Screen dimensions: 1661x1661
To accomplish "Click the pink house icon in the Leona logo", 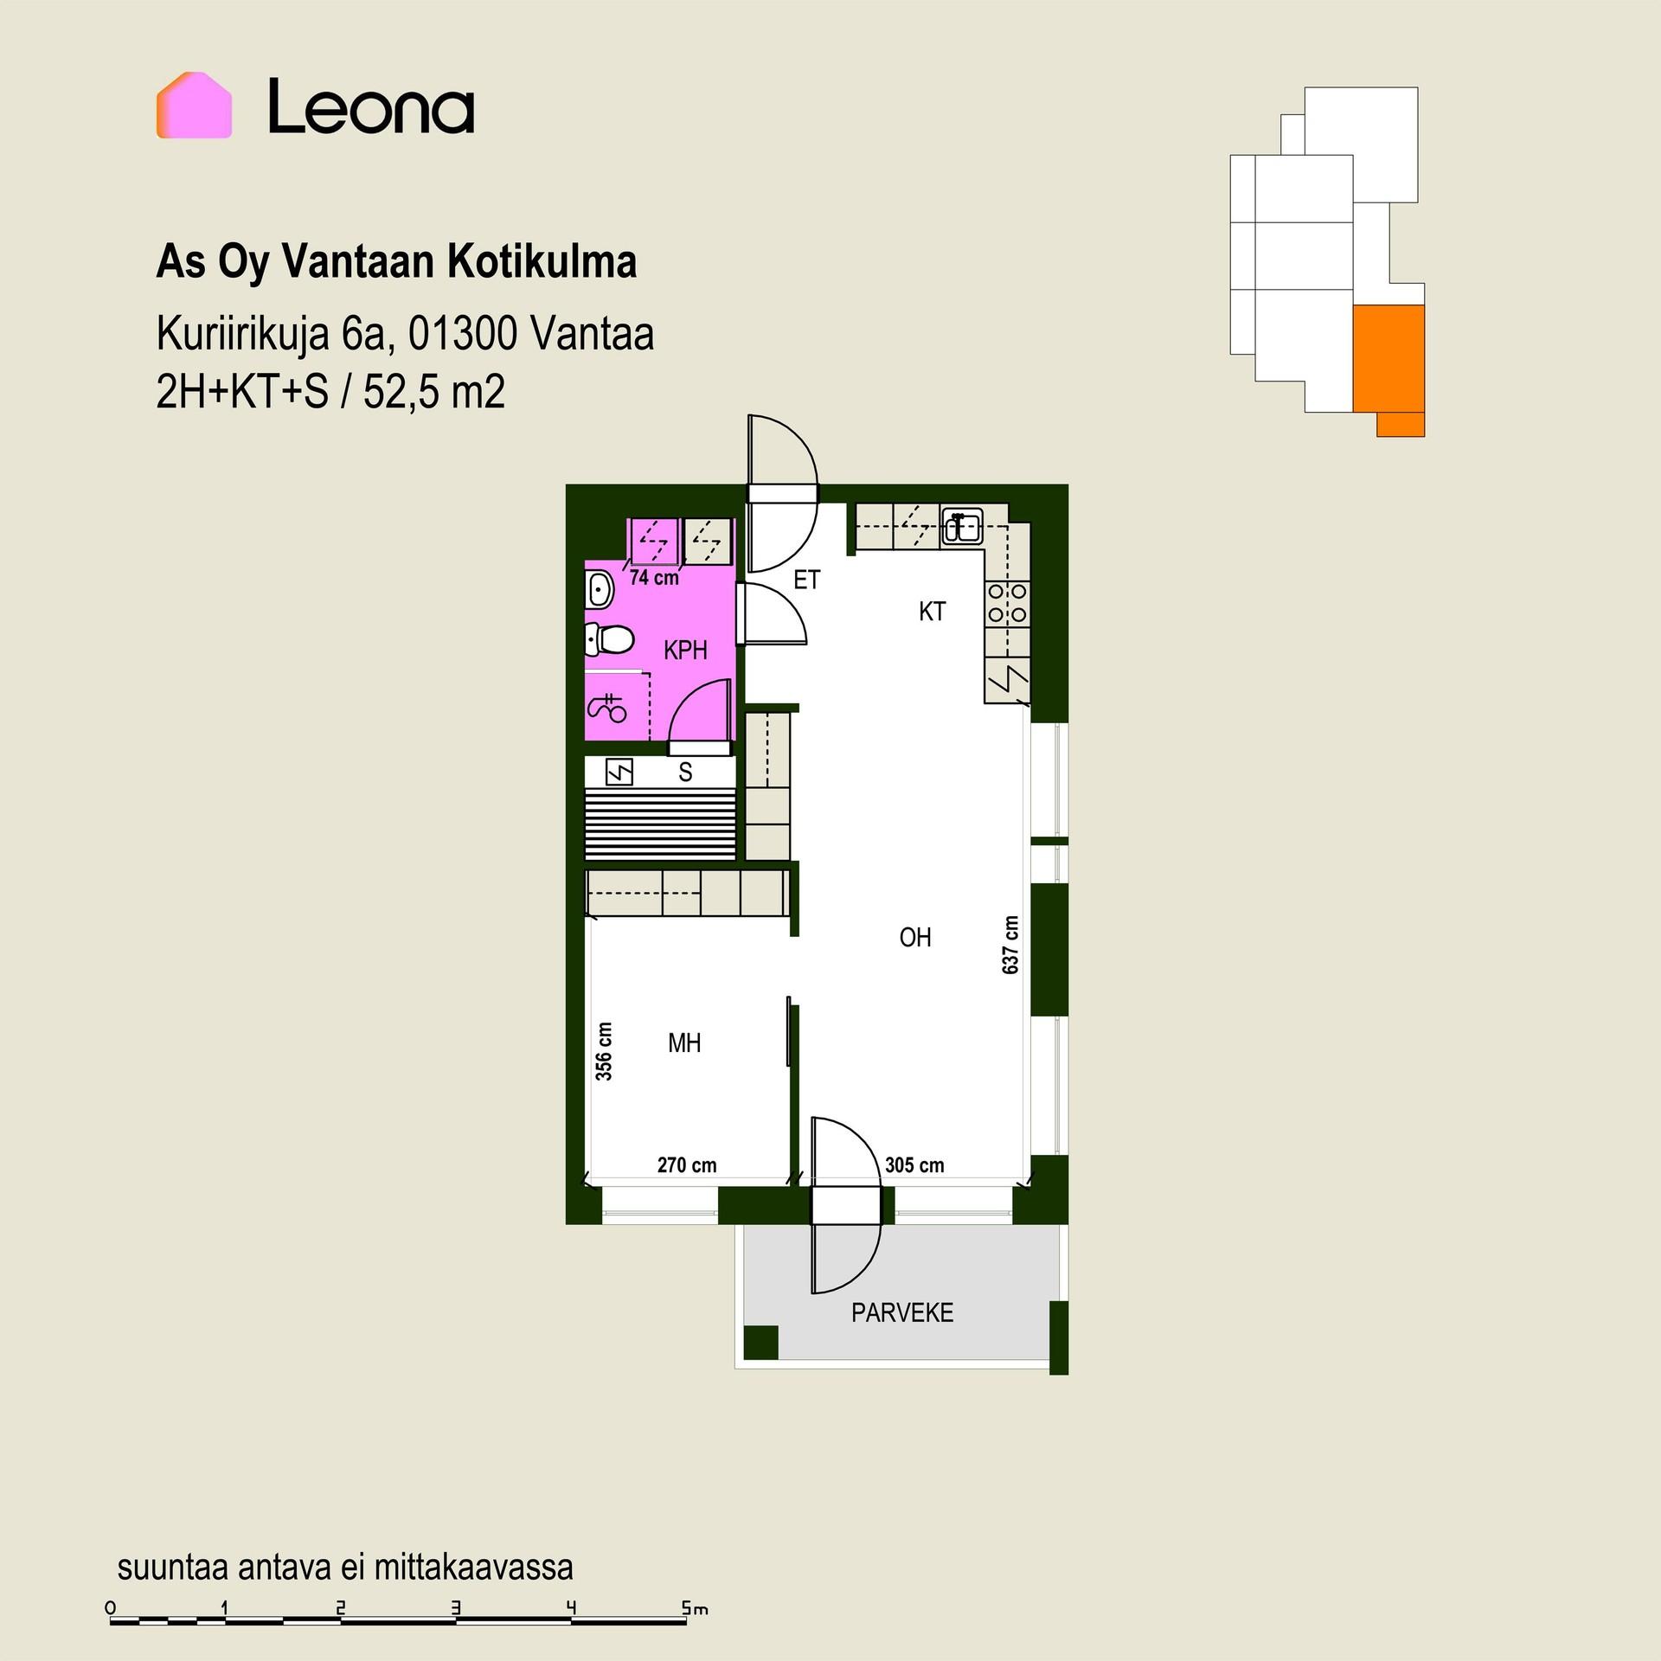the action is click(x=194, y=106).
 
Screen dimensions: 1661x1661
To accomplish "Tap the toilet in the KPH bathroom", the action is click(x=609, y=640).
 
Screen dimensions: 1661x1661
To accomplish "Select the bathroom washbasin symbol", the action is click(x=600, y=592).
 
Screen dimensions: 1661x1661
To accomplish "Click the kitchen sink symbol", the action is click(x=962, y=526).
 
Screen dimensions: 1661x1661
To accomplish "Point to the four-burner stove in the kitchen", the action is click(x=1007, y=603).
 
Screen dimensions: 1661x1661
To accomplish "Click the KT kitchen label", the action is click(x=932, y=612).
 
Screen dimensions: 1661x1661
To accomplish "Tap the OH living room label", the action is click(x=915, y=937).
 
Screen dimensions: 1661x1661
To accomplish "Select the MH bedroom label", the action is click(x=684, y=1042).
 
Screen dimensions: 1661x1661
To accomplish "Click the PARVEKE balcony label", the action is click(x=902, y=1312).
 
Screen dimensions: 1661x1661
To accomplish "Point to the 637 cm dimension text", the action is click(x=1010, y=945).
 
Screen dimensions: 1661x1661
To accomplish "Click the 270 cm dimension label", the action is click(x=687, y=1164).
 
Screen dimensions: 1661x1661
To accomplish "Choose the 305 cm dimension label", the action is click(x=914, y=1164).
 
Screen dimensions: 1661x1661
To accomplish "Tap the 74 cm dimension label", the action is click(x=654, y=577).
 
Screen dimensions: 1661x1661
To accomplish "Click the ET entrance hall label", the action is click(x=806, y=580).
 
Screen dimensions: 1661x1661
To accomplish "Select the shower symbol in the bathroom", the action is click(x=607, y=708).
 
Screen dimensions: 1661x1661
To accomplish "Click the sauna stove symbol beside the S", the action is click(x=619, y=772).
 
